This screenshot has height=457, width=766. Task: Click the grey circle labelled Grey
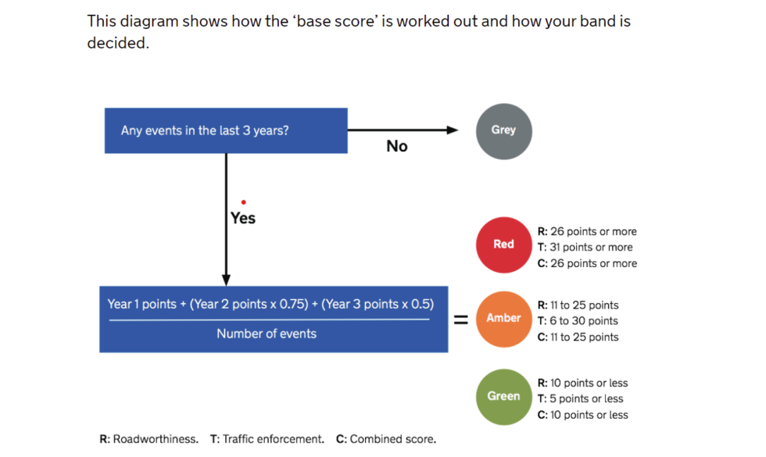pyautogui.click(x=503, y=130)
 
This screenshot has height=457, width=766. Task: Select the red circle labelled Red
pyautogui.click(x=503, y=245)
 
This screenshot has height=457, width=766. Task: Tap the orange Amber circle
pyautogui.click(x=503, y=319)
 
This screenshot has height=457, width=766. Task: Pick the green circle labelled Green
pyautogui.click(x=503, y=396)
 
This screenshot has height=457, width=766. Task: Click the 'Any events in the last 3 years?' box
pyautogui.click(x=226, y=130)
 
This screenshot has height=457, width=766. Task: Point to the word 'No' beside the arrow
pyautogui.click(x=397, y=146)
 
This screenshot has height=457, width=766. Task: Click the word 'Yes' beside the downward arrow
pyautogui.click(x=243, y=218)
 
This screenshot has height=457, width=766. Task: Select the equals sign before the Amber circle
pyautogui.click(x=461, y=320)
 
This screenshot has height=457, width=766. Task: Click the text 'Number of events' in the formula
pyautogui.click(x=267, y=334)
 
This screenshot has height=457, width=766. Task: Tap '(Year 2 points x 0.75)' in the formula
pyautogui.click(x=252, y=304)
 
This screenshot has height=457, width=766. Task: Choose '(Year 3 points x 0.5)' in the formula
pyautogui.click(x=377, y=304)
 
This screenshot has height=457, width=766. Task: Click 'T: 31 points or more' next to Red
pyautogui.click(x=585, y=248)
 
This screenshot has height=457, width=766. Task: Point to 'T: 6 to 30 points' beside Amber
pyautogui.click(x=578, y=321)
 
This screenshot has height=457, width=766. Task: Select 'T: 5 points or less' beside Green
pyautogui.click(x=580, y=399)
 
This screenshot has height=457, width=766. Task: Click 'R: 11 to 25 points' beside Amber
pyautogui.click(x=578, y=305)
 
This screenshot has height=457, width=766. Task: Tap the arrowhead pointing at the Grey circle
pyautogui.click(x=453, y=130)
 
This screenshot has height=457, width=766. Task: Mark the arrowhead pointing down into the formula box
pyautogui.click(x=227, y=279)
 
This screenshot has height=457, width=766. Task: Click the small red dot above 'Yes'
pyautogui.click(x=244, y=202)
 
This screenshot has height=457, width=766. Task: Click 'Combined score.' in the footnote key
pyautogui.click(x=393, y=439)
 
